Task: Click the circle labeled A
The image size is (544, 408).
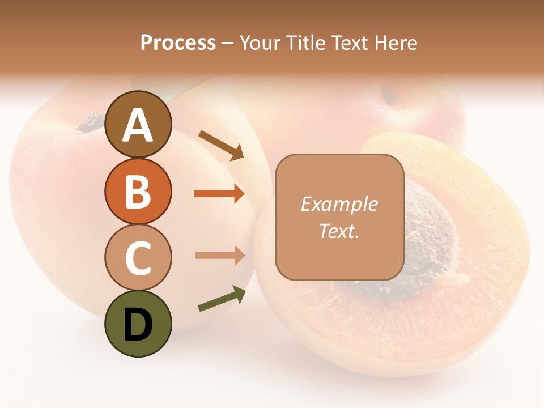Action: pyautogui.click(x=138, y=125)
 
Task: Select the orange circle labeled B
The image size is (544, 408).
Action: pyautogui.click(x=138, y=192)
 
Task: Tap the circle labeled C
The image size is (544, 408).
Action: pyautogui.click(x=138, y=258)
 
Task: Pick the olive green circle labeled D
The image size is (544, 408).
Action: pyautogui.click(x=138, y=324)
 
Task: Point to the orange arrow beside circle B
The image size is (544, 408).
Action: pyautogui.click(x=219, y=194)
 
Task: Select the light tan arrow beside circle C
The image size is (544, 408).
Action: pyautogui.click(x=219, y=255)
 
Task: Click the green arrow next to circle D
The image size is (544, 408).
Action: pyautogui.click(x=222, y=299)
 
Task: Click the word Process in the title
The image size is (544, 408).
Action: pyautogui.click(x=178, y=42)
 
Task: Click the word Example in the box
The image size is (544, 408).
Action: pyautogui.click(x=339, y=204)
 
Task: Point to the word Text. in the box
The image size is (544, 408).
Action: pyautogui.click(x=339, y=231)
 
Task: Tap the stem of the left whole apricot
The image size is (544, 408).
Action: pyautogui.click(x=90, y=121)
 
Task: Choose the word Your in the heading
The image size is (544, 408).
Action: pyautogui.click(x=261, y=42)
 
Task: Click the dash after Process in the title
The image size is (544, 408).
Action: pyautogui.click(x=227, y=43)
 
